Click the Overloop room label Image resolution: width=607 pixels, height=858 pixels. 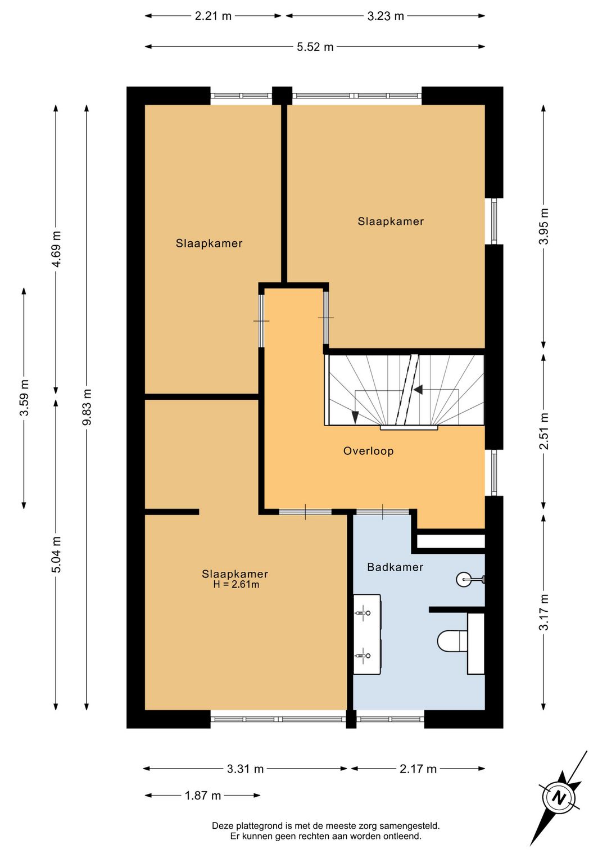[x=368, y=451]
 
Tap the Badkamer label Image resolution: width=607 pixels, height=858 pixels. [x=395, y=567]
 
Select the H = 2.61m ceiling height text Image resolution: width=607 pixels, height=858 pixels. [x=236, y=585]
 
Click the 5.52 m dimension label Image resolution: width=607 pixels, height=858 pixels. [x=315, y=47]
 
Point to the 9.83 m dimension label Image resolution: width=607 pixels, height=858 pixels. [x=87, y=407]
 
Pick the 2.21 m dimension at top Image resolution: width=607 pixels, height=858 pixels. [x=214, y=16]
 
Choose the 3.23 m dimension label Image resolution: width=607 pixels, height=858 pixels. [x=386, y=16]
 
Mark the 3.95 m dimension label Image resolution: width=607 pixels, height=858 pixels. [x=543, y=226]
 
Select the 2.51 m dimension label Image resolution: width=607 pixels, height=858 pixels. [x=543, y=431]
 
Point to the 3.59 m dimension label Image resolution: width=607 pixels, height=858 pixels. [x=24, y=398]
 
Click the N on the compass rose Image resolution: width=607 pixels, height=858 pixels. [x=560, y=798]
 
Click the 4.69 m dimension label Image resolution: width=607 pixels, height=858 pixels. [x=56, y=249]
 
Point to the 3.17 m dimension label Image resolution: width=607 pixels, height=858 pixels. [x=543, y=612]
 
